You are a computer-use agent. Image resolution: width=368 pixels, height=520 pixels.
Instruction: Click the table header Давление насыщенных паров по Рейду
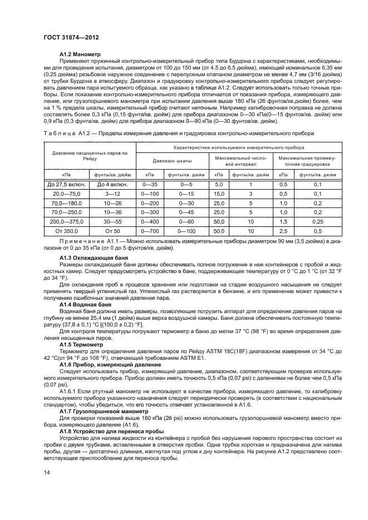(90, 156)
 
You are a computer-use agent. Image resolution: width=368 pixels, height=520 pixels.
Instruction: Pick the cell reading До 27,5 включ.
(65, 184)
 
